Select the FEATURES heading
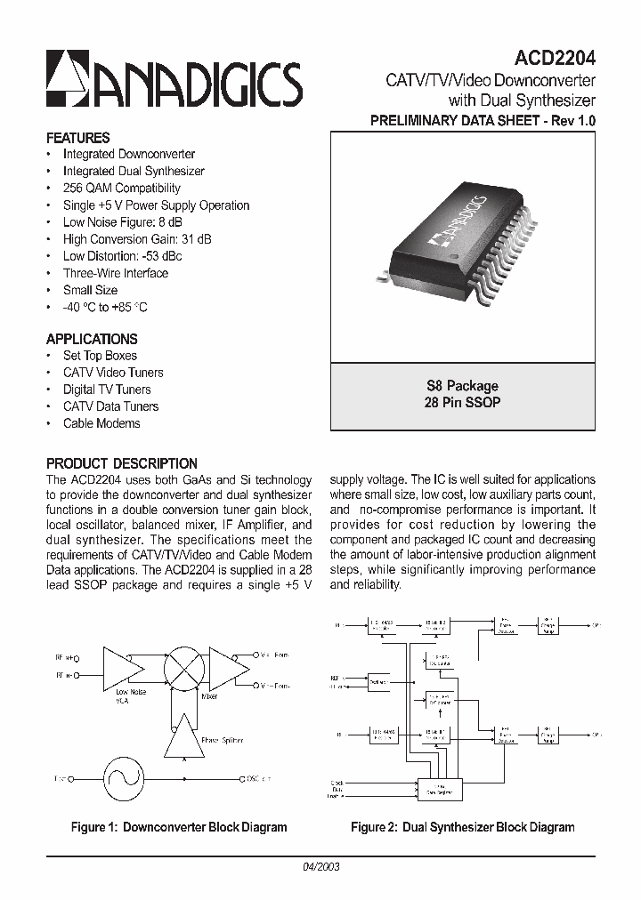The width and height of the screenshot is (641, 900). [x=77, y=138]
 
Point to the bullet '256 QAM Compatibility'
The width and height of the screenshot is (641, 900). [x=121, y=189]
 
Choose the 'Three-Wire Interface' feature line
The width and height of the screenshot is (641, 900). [x=115, y=273]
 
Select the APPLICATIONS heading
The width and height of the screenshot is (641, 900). [x=92, y=339]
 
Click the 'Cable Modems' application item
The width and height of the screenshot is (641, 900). [x=101, y=423]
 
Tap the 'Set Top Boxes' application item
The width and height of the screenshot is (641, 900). [x=100, y=356]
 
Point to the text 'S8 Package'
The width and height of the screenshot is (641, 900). [x=463, y=386]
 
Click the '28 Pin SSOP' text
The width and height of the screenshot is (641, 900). [x=463, y=402]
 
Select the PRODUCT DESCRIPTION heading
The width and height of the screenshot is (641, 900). [x=122, y=463]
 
